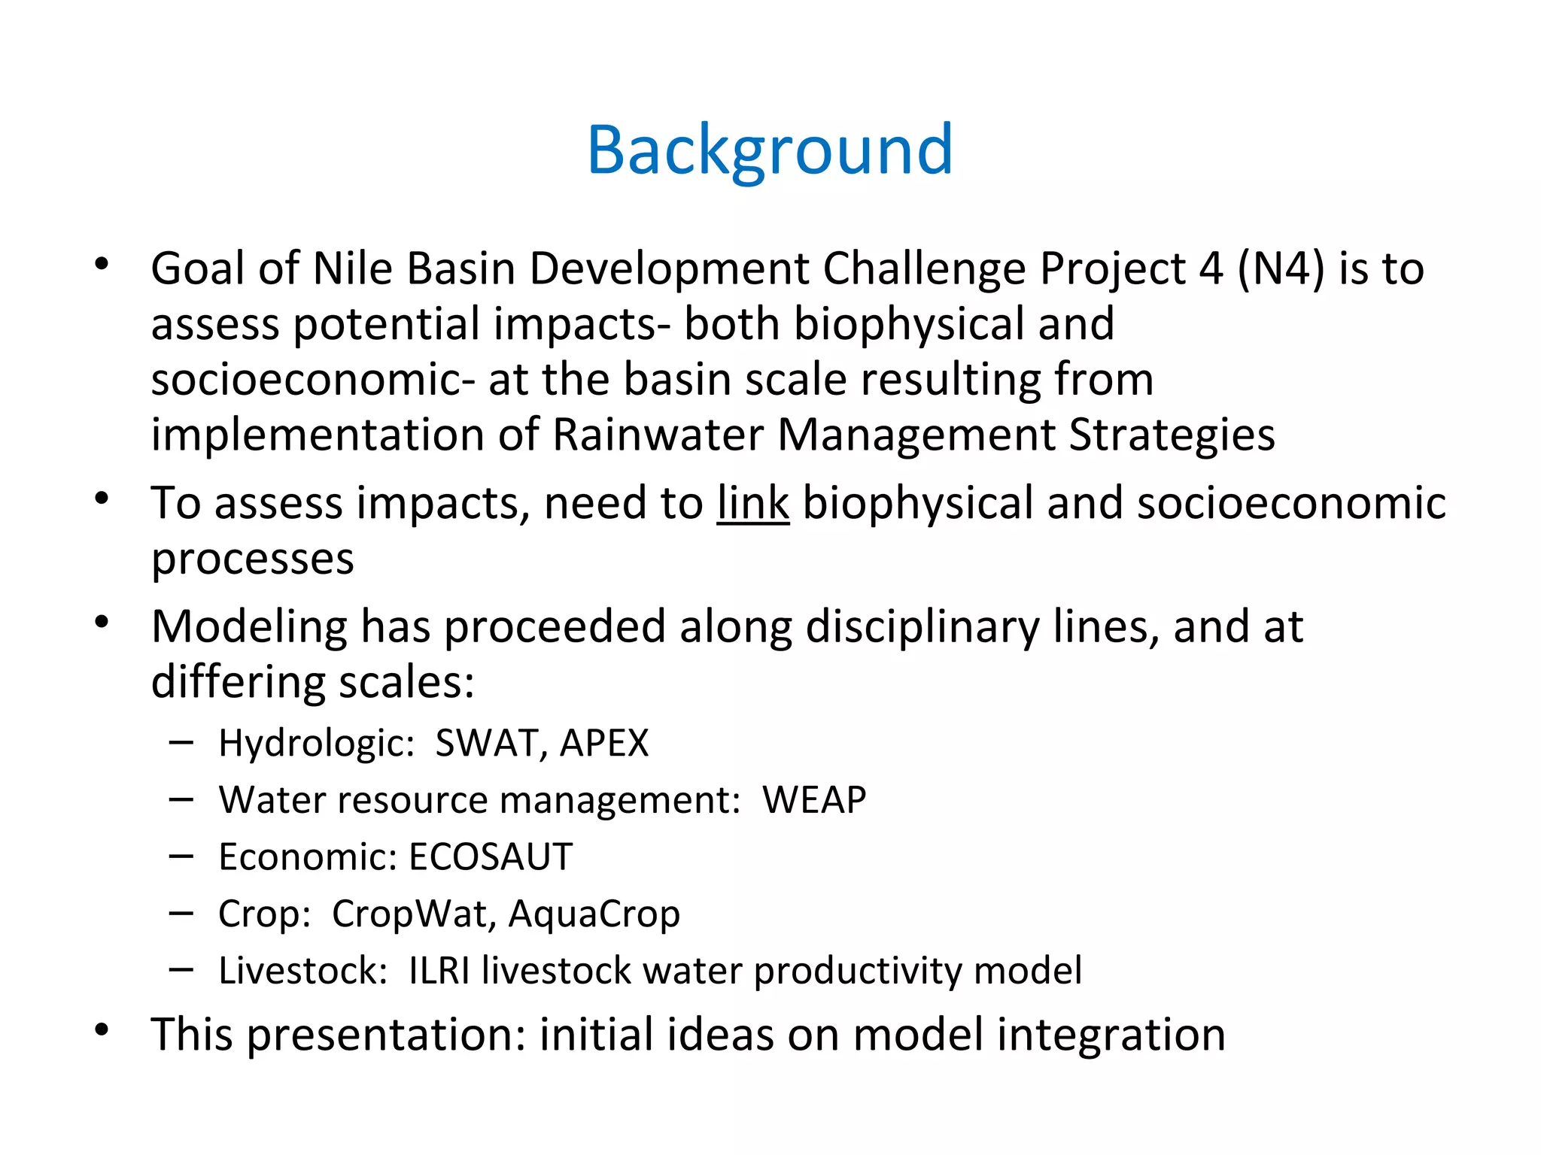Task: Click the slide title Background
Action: tap(770, 150)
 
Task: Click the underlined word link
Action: tap(752, 503)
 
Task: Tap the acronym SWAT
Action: tap(486, 744)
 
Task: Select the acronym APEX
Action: tap(604, 744)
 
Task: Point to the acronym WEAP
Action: tap(814, 800)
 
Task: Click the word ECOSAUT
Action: tap(491, 857)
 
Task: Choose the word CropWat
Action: tap(413, 914)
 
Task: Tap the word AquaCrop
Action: tap(594, 914)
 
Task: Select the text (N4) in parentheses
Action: tap(1281, 268)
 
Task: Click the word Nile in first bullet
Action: tap(352, 268)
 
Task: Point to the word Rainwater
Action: tap(658, 435)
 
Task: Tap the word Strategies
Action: tap(1172, 435)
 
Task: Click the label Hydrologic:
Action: tap(317, 744)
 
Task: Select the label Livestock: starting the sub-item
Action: tap(302, 971)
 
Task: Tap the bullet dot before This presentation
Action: tap(102, 1030)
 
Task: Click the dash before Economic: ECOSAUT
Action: tap(181, 856)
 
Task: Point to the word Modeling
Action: tap(249, 627)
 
